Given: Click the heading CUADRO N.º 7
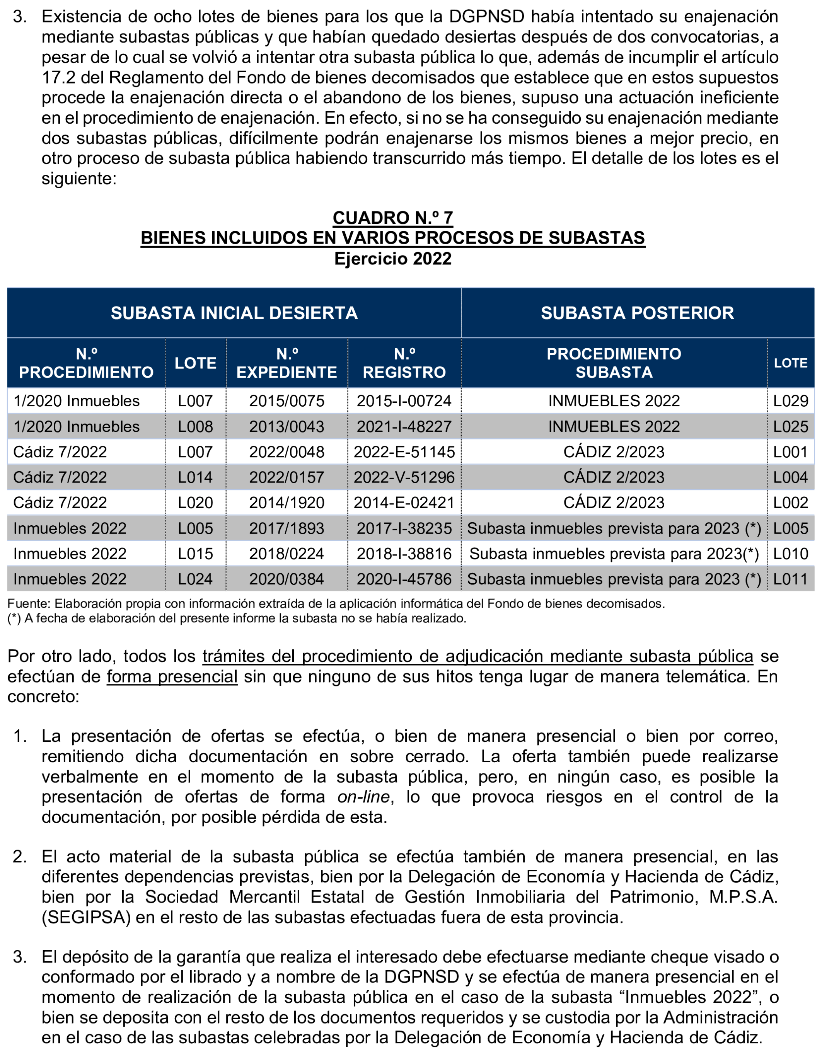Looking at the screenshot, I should pos(393,218).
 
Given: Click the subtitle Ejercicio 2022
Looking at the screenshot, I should pos(393,259).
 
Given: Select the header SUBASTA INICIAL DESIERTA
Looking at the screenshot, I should pos(234,313).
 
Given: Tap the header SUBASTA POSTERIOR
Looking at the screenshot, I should pos(637,313).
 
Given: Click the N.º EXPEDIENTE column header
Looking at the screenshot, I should pos(287,363).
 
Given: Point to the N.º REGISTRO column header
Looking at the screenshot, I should pos(404,363).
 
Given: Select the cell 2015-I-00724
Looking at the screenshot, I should pos(404,401).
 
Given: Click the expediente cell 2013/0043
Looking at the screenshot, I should pos(287,426).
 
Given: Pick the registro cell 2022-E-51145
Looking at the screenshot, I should pos(404,452).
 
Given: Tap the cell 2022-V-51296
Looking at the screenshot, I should pos(404,477).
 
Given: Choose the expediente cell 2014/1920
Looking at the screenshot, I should pos(287,503).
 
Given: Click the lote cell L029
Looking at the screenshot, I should pos(790,401).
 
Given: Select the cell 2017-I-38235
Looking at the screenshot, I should pos(404,528).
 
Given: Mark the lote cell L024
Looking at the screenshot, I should pos(195,579).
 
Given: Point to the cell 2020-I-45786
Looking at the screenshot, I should pos(404,579).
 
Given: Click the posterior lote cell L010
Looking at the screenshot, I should pos(790,554).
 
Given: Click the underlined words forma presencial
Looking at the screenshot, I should pos(172,676).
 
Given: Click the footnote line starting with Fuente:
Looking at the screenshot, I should pos(336,603).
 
